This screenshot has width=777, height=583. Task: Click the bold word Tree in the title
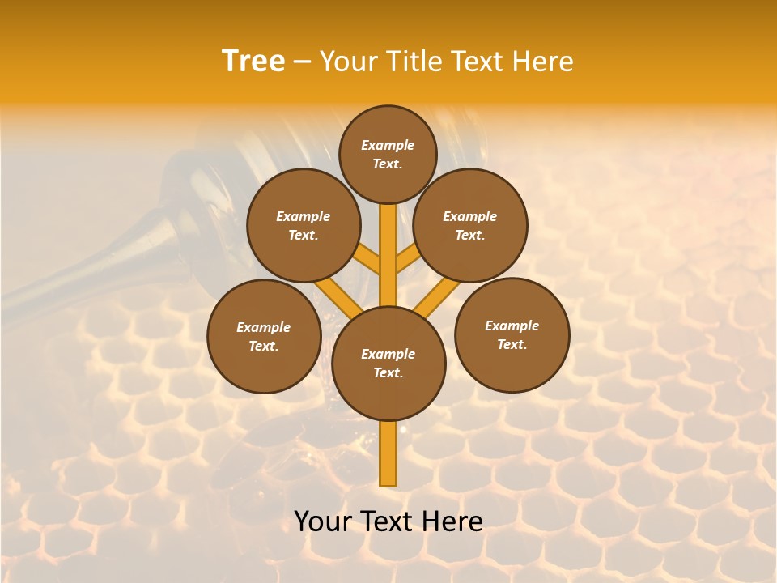click(x=253, y=62)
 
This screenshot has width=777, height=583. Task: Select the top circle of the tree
click(x=388, y=154)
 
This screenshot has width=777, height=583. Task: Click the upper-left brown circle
click(x=303, y=225)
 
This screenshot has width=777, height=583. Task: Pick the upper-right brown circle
click(x=470, y=225)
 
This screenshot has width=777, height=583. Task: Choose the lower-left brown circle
click(x=264, y=336)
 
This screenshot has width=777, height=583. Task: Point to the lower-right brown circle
click(x=512, y=334)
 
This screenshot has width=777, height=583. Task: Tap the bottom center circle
click(x=388, y=364)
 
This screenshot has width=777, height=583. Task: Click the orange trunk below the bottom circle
click(x=388, y=453)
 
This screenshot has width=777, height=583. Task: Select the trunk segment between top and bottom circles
click(x=388, y=255)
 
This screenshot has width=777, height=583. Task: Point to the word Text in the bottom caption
click(x=389, y=521)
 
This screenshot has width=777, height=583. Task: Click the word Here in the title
click(x=545, y=62)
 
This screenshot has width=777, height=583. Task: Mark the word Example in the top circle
click(x=388, y=145)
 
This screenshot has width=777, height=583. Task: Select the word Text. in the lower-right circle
click(x=512, y=344)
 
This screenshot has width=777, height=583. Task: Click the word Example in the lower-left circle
click(x=264, y=327)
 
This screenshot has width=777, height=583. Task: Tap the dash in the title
click(x=302, y=62)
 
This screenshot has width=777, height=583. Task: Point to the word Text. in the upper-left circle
click(x=303, y=235)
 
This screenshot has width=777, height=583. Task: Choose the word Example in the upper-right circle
click(x=470, y=216)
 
